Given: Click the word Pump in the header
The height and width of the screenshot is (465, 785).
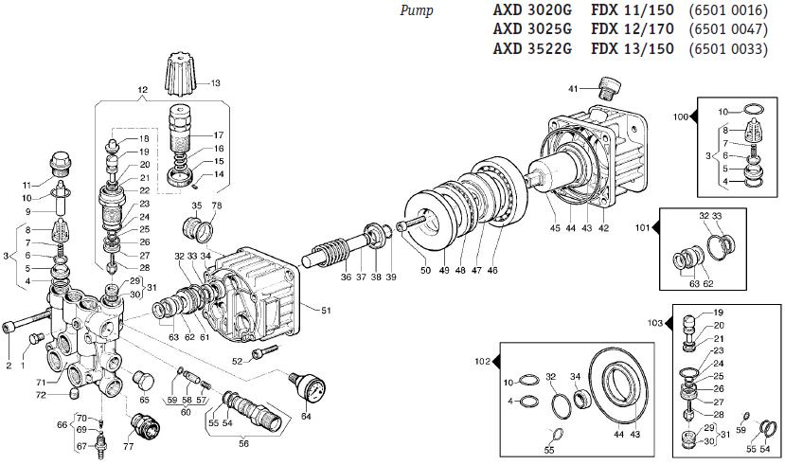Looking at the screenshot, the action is point(416,11).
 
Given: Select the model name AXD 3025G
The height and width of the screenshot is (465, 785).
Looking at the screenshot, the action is point(532,29).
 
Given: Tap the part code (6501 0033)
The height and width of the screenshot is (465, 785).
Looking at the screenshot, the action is point(728,49).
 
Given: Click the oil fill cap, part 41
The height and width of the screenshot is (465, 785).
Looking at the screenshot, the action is point(610,89).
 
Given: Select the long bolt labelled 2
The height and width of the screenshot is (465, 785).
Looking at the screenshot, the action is point(27,321).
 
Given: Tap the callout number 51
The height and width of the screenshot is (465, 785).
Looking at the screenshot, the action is point(326,311).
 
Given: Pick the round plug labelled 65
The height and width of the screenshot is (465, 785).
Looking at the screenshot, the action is point(143,381).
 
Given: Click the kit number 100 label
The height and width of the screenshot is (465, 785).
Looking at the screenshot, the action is point(681,117).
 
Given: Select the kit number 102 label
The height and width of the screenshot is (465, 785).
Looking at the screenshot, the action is point(483,362).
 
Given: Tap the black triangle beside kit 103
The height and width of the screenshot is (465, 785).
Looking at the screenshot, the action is point(669,323).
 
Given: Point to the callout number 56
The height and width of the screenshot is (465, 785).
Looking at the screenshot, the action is point(243,443).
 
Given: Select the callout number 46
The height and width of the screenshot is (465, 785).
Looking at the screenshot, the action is point(492,270).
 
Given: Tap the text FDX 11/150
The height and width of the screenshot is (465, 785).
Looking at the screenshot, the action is point(633,9).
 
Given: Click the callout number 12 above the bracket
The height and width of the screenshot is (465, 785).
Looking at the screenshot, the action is point(143,90).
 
